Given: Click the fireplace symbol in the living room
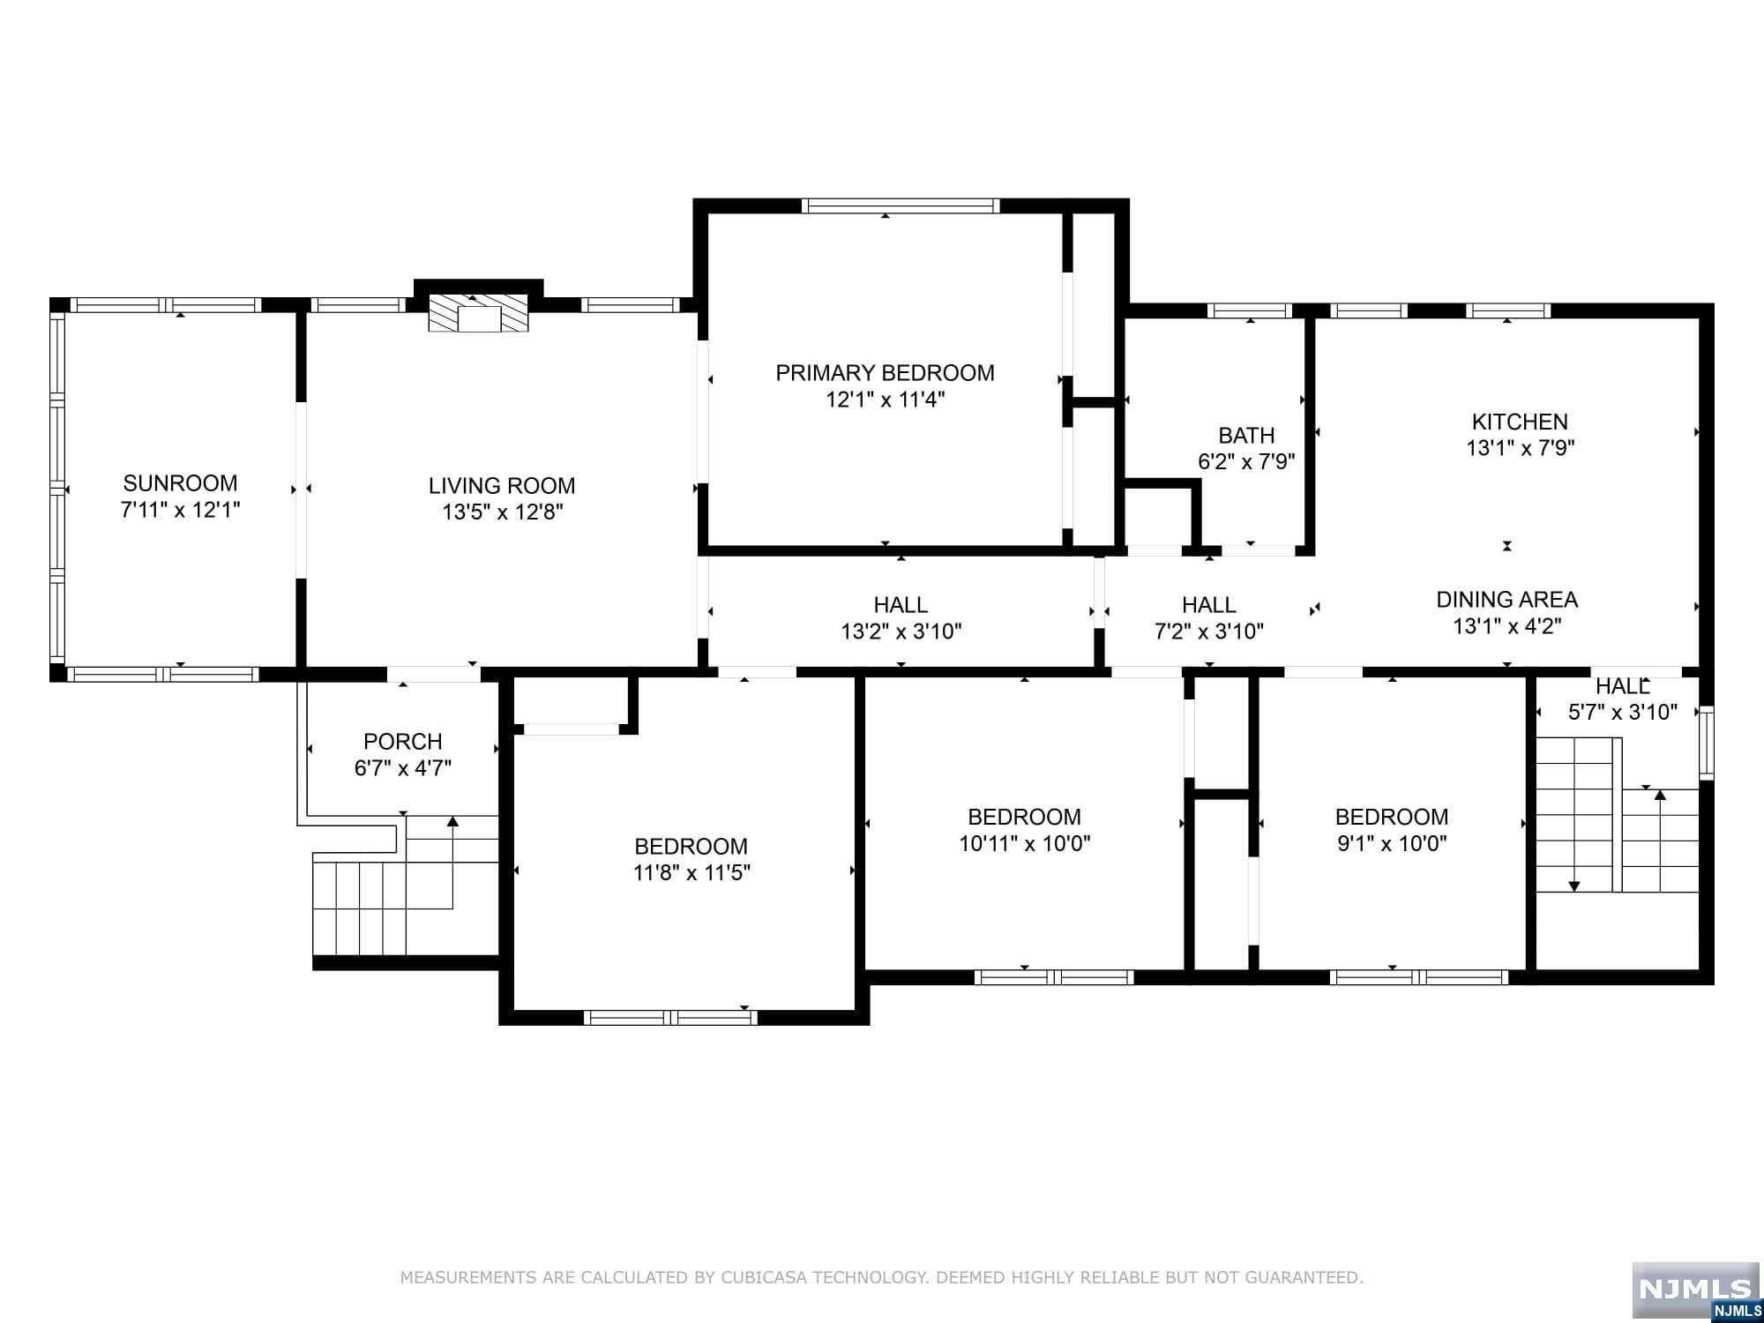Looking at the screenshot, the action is click(478, 314).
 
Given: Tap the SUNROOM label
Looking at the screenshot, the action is click(180, 483).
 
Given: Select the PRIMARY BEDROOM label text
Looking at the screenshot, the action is click(885, 373).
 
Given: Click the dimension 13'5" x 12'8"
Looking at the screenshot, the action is click(503, 512).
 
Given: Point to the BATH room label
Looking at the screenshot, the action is click(1246, 436).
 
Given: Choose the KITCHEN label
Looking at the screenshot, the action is click(1520, 422).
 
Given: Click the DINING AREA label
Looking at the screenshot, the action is click(1506, 600).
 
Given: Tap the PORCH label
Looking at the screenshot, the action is click(403, 742).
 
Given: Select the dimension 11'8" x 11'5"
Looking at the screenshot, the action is click(691, 873).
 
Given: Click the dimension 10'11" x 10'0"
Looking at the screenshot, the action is click(1025, 843).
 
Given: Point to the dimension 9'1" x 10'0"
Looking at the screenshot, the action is click(1392, 843).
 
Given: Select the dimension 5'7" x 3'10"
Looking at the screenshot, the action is click(1622, 712).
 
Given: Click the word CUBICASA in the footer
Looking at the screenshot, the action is click(772, 1277).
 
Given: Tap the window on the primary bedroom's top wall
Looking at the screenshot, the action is click(901, 206).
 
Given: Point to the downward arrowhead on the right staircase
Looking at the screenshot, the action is click(1573, 886).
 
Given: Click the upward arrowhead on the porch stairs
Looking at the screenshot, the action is click(452, 822).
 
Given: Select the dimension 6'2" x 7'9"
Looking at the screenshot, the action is click(1246, 461).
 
